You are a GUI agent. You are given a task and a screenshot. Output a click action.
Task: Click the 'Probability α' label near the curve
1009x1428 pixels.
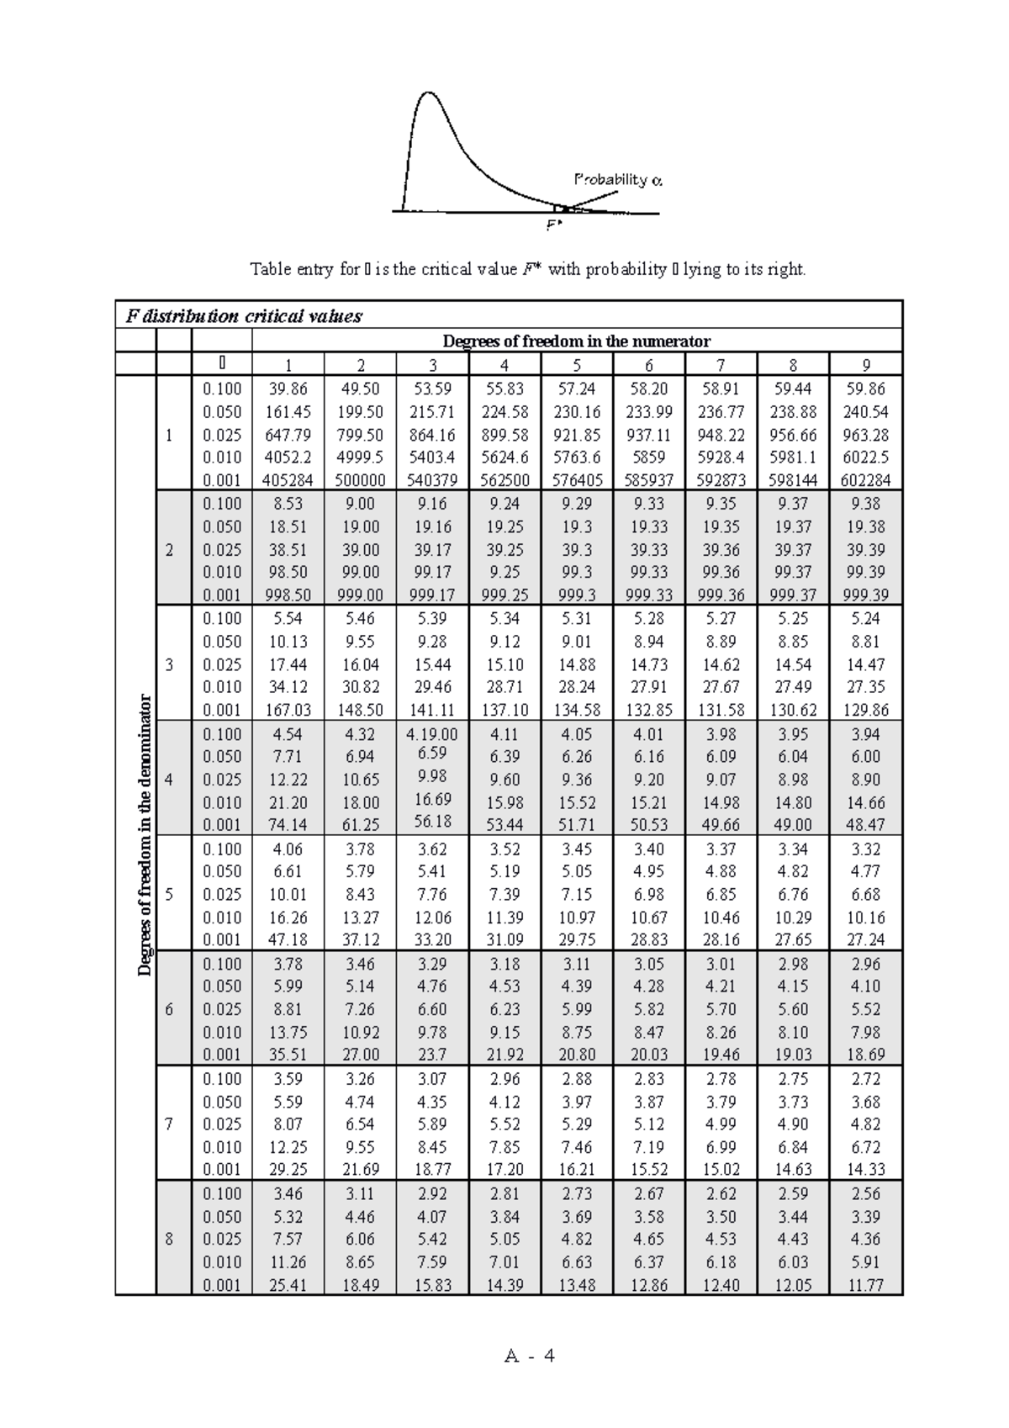point(618,179)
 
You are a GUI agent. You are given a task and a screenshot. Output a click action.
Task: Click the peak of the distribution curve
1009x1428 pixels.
point(430,93)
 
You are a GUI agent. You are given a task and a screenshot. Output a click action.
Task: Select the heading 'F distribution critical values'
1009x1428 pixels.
point(244,316)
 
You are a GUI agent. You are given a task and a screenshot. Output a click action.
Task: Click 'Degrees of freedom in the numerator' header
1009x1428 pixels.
point(576,341)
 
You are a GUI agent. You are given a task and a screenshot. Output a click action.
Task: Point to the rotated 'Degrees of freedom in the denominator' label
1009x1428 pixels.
point(145,835)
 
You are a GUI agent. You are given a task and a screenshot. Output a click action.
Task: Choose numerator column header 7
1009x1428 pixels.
point(721,365)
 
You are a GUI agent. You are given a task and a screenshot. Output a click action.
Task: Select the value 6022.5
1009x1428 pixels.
point(865,457)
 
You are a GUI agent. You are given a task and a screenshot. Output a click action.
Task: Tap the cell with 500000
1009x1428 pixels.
point(360,481)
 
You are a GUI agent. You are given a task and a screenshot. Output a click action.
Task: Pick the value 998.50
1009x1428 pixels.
point(288,595)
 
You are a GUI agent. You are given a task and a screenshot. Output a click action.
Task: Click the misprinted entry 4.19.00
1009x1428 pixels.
point(431,734)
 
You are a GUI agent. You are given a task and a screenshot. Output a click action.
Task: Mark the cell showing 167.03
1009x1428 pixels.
point(288,711)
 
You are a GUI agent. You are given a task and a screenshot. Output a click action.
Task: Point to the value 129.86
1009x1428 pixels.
point(865,711)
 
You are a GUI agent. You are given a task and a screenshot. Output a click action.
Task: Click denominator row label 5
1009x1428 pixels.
point(169,894)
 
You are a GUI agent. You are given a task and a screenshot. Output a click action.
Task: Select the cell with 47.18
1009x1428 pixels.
point(288,940)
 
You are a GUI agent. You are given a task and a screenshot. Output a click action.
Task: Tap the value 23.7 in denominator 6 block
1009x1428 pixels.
point(431,1055)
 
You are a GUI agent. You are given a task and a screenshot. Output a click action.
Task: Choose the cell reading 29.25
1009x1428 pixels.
point(288,1170)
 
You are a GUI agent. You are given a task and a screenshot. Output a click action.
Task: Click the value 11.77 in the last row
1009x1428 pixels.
point(865,1285)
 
